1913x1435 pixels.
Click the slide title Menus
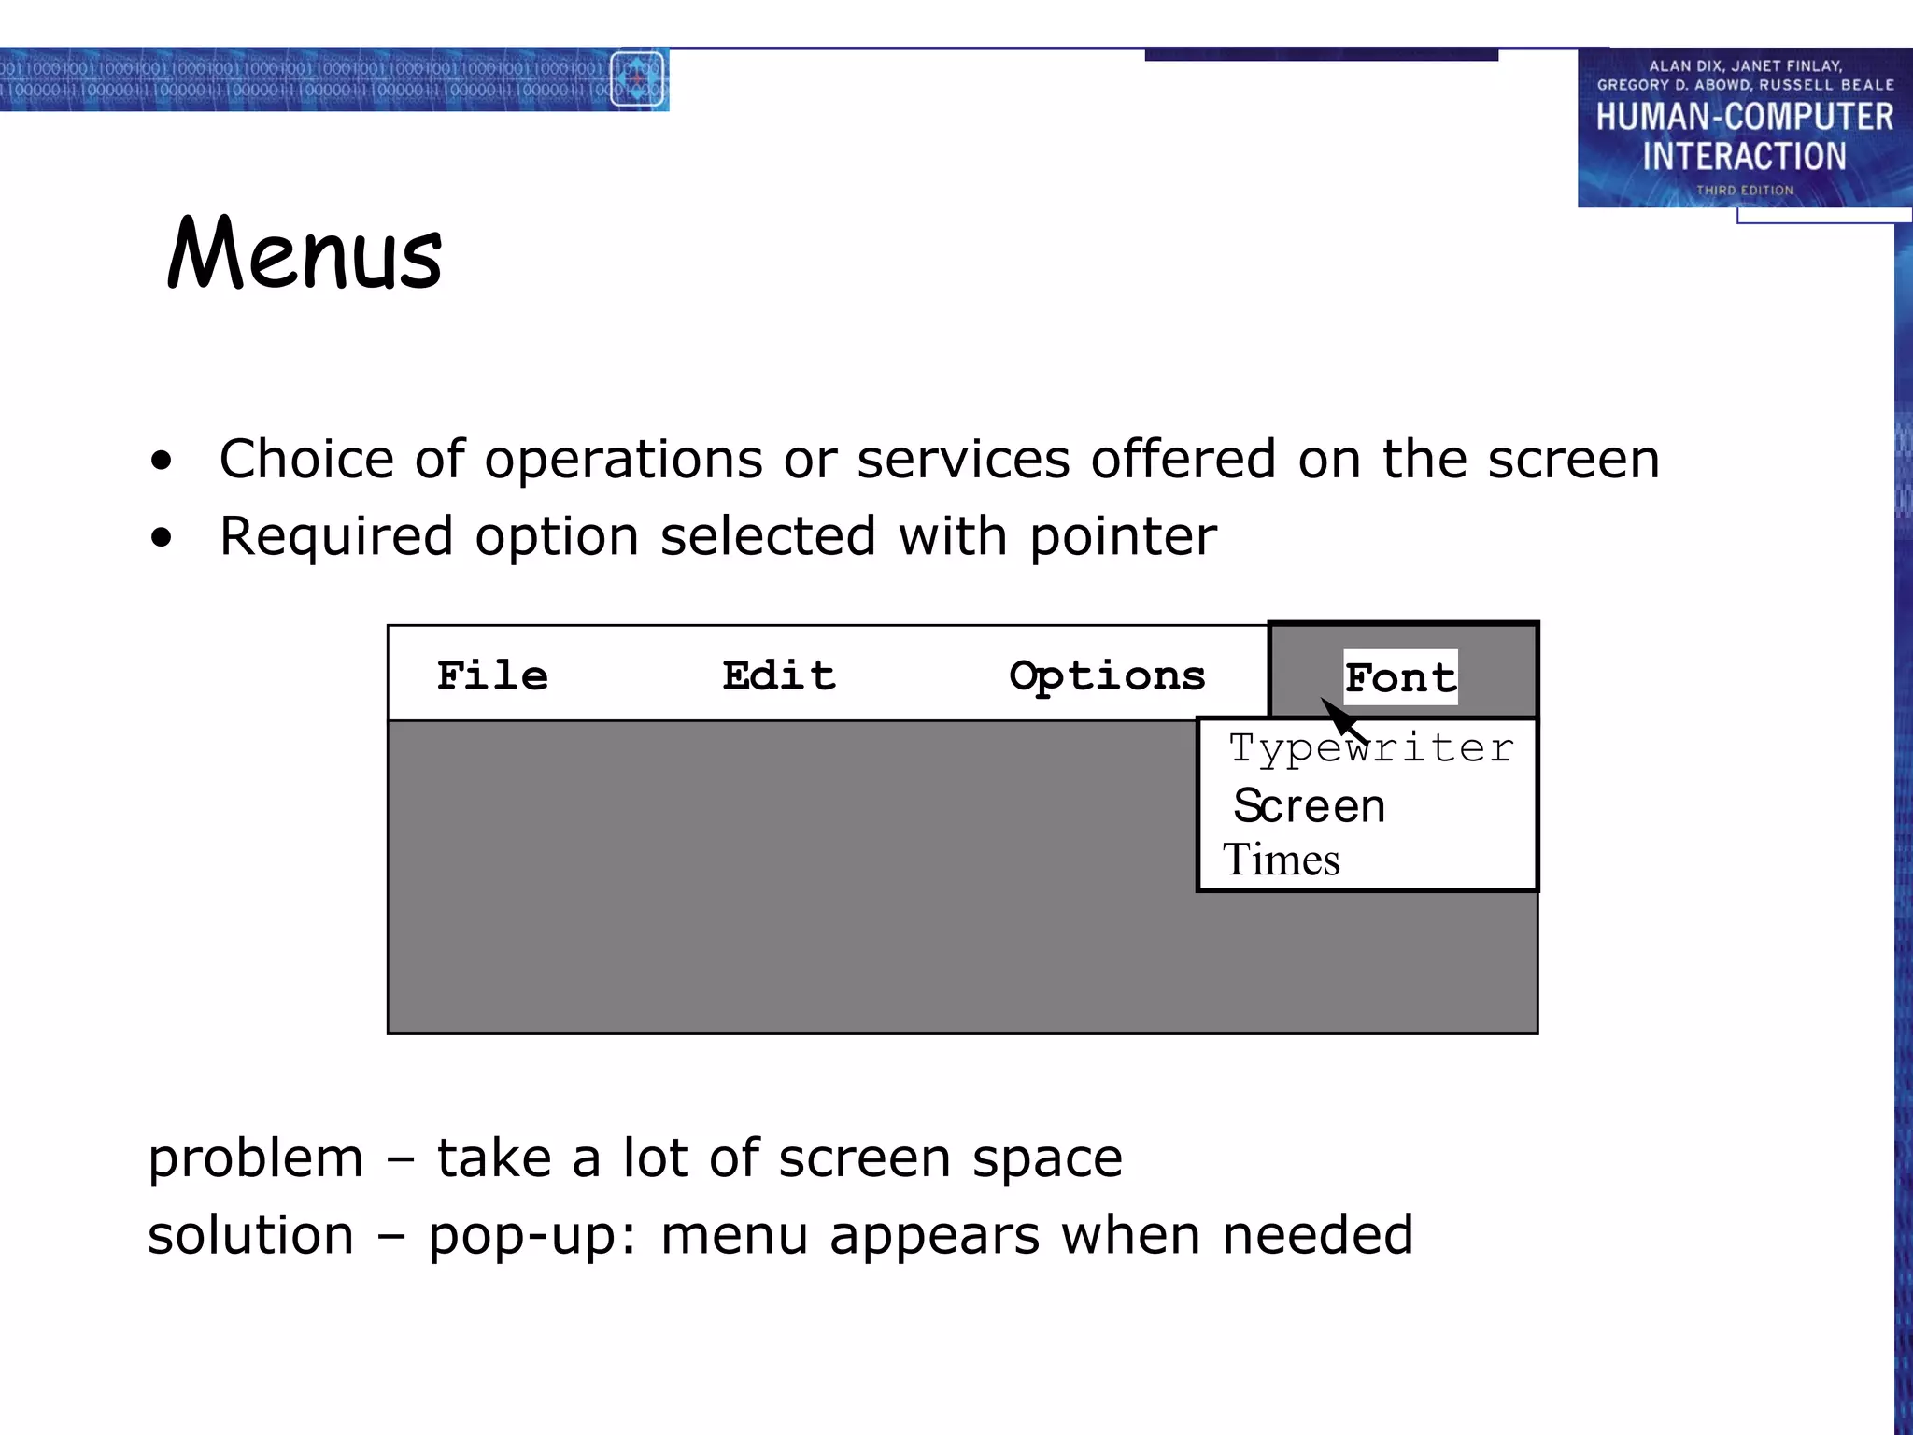click(x=305, y=253)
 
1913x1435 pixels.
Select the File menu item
click(x=492, y=675)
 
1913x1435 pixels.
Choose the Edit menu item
click(x=779, y=675)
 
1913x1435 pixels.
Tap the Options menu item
click(x=1108, y=676)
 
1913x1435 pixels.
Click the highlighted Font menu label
click(x=1400, y=677)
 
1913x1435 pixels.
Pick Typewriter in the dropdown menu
click(x=1370, y=748)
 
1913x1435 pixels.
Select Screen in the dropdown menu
click(x=1309, y=805)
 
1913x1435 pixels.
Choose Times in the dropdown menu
click(x=1282, y=860)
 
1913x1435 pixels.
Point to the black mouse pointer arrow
click(x=1341, y=717)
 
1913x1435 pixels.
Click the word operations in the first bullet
click(x=623, y=460)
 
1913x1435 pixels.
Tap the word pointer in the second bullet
click(x=1123, y=537)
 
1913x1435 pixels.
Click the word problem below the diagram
click(x=255, y=1159)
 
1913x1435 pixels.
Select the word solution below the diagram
click(x=250, y=1236)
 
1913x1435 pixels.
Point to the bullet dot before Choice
click(x=162, y=460)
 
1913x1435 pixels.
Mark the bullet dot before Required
click(x=162, y=537)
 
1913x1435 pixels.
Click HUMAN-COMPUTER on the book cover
click(x=1744, y=117)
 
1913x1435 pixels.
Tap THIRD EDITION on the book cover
click(x=1745, y=191)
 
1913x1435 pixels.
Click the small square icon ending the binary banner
click(x=637, y=79)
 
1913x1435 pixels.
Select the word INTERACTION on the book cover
click(x=1744, y=156)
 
